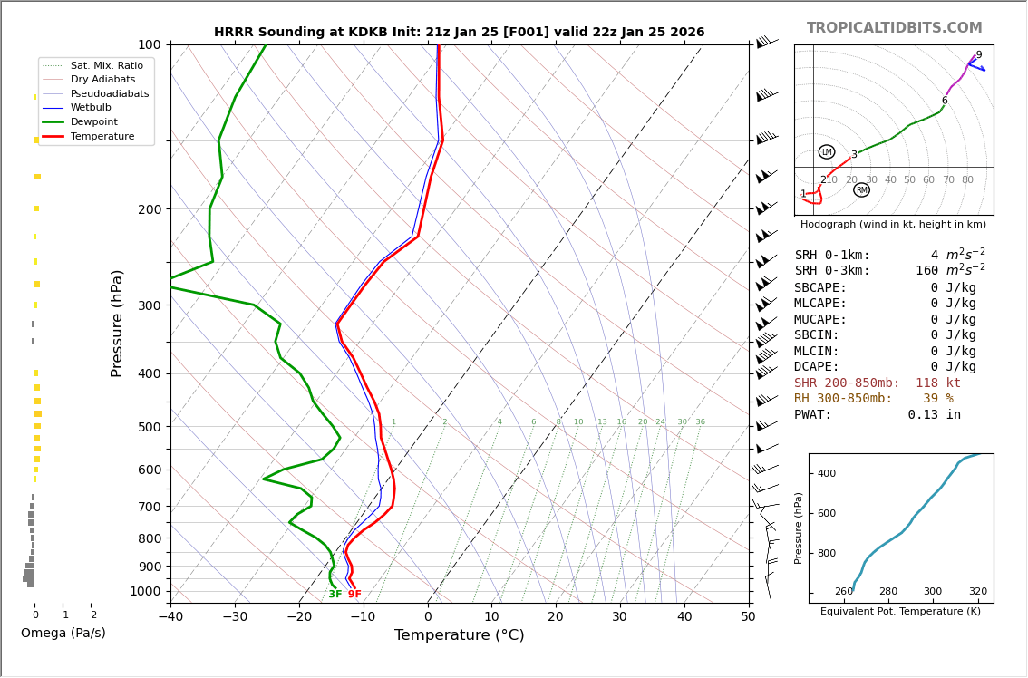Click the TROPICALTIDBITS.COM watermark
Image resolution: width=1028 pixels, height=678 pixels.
tap(894, 28)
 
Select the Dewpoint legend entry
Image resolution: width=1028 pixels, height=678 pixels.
tap(93, 121)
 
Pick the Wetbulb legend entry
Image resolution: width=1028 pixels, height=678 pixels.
tap(90, 107)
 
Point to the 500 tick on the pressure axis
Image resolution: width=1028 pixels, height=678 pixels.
tap(150, 427)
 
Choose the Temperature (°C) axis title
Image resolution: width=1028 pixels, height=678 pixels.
tap(459, 635)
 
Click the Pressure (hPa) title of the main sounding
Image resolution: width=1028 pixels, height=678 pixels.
tap(118, 323)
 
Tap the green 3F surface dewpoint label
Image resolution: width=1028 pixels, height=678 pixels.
tap(335, 595)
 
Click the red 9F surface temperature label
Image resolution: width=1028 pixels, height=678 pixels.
tap(354, 595)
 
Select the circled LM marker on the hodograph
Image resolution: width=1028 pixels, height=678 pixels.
tap(826, 152)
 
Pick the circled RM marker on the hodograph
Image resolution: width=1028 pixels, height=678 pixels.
tap(861, 190)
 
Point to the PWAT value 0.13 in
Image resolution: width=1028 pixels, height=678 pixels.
tap(934, 415)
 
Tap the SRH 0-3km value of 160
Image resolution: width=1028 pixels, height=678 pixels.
tap(926, 271)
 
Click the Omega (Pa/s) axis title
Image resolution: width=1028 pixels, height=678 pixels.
tap(63, 633)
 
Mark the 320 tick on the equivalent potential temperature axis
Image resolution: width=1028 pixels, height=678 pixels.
tap(977, 592)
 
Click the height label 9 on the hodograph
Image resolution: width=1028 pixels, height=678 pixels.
tap(978, 55)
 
